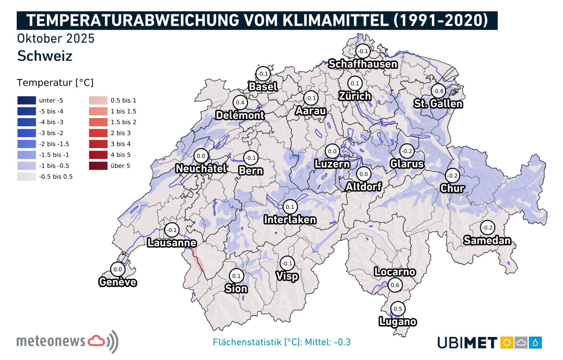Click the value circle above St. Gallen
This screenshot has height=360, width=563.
click(x=438, y=91)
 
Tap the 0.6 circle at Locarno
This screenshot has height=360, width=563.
click(x=395, y=285)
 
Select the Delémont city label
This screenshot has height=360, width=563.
click(x=240, y=115)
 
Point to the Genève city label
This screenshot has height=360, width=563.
click(x=118, y=282)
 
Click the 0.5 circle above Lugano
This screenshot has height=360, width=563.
click(x=398, y=309)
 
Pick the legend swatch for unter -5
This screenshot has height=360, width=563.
click(x=27, y=100)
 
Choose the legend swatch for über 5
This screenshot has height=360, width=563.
click(x=98, y=166)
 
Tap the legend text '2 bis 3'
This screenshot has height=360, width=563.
click(x=121, y=133)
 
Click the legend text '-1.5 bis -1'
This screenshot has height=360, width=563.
click(x=54, y=155)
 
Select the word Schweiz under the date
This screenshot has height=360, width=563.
click(x=45, y=56)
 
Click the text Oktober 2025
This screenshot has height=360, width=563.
click(x=56, y=38)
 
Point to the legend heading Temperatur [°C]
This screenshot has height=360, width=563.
click(x=55, y=83)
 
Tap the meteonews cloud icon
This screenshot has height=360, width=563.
click(x=96, y=341)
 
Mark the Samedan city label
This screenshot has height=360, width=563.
click(x=487, y=240)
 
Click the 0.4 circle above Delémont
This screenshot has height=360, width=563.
click(x=240, y=103)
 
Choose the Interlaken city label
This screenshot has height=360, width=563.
click(x=290, y=220)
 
